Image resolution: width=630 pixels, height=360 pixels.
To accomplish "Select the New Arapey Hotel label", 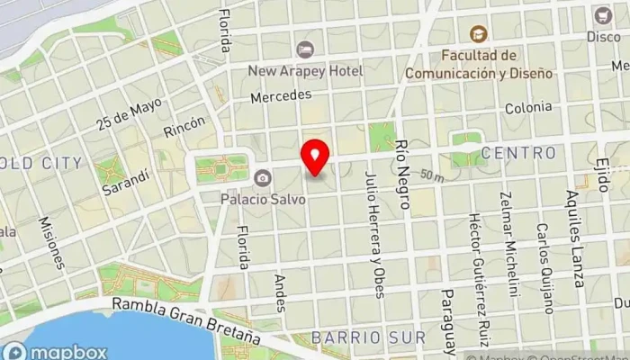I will [x=307, y=70].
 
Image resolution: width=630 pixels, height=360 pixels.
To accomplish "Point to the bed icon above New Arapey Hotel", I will [x=305, y=49].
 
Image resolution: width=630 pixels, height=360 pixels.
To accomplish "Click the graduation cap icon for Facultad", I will [x=476, y=34].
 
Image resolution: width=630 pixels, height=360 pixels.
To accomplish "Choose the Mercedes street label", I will [x=281, y=95].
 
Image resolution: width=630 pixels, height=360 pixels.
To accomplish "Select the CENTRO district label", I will [x=518, y=153].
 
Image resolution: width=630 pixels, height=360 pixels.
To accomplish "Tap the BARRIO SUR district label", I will [x=368, y=337].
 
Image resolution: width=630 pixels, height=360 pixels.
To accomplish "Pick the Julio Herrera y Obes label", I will [x=374, y=237].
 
